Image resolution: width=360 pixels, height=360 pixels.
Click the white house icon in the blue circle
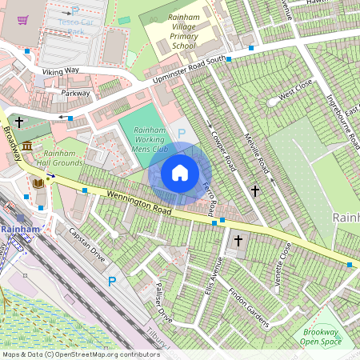(180, 173)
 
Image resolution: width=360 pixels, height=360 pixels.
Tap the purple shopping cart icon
(23, 20)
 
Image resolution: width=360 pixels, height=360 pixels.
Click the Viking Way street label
(61, 71)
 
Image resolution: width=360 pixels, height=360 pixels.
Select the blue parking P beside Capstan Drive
(112, 281)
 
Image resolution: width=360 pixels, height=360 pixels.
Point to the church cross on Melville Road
(255, 190)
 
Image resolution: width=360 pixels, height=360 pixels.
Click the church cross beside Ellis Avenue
(238, 240)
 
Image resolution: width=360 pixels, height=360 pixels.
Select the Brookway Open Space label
(320, 337)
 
